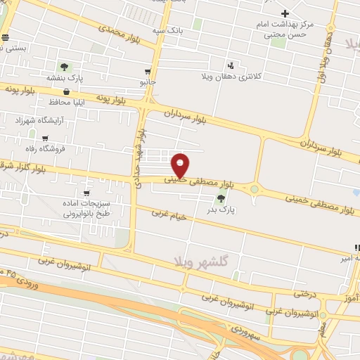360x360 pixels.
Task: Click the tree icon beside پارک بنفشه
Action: [65, 67]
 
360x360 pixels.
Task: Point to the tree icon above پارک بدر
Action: [222, 198]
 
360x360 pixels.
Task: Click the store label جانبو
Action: [147, 82]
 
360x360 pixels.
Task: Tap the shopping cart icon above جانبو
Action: [147, 71]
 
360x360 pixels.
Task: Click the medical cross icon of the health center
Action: [285, 13]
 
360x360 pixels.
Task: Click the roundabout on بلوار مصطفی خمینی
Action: [253, 188]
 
